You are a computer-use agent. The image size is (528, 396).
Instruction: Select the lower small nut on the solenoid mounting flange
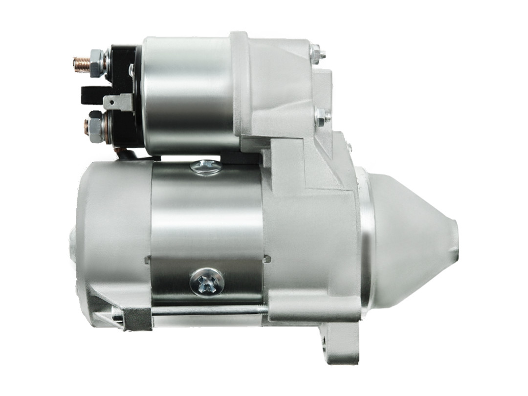point(320,117)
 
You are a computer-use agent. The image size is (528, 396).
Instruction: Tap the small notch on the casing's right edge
point(267,258)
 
